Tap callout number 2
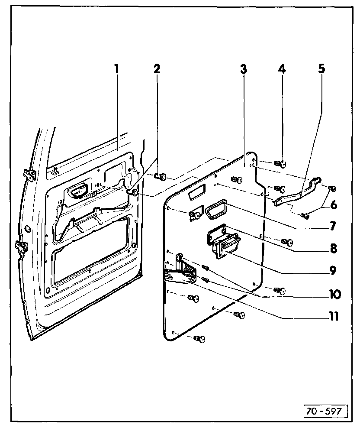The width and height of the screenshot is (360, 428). [x=156, y=69]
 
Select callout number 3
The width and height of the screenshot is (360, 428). [x=244, y=69]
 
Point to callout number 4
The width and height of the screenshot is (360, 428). [x=282, y=69]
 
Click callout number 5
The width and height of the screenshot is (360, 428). [x=322, y=69]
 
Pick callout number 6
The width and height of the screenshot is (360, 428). [x=333, y=204]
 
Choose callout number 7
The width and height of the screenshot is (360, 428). [x=333, y=226]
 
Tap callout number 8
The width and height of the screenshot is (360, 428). [x=333, y=249]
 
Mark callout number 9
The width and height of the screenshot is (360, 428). [x=333, y=271]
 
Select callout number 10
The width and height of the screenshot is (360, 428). [x=334, y=295]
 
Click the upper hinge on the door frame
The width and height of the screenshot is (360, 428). [x=29, y=175]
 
